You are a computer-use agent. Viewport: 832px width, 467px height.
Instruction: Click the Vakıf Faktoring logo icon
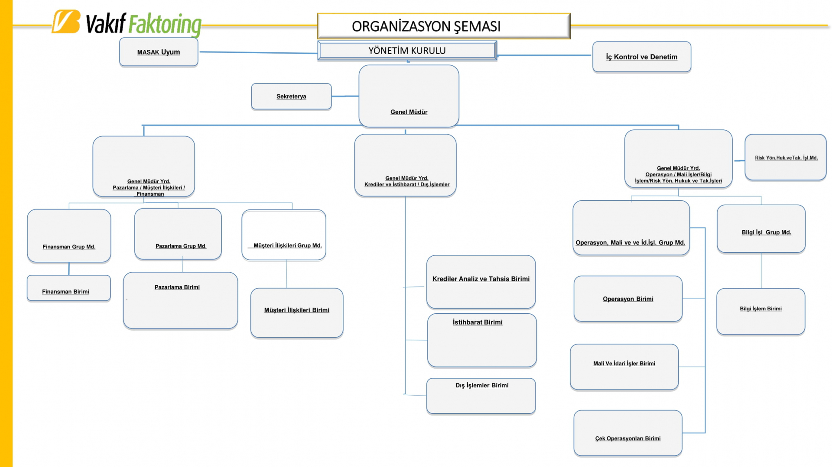click(x=66, y=22)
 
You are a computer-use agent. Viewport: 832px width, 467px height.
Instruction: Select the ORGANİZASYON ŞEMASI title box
click(x=443, y=26)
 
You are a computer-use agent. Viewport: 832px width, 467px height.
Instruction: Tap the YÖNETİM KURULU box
click(x=407, y=51)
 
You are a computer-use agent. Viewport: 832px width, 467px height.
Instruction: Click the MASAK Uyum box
click(x=159, y=52)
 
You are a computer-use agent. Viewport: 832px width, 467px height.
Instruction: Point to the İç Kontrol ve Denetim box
click(x=641, y=57)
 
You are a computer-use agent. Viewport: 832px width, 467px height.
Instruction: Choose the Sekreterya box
click(x=291, y=96)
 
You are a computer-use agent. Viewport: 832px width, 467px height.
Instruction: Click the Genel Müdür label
click(x=409, y=112)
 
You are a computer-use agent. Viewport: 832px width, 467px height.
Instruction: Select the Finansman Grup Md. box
click(x=69, y=236)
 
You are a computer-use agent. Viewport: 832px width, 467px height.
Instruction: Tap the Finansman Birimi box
click(x=68, y=288)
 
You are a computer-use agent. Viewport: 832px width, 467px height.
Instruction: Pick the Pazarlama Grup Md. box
click(x=178, y=234)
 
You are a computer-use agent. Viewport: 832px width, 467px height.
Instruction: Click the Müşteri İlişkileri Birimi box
click(x=297, y=312)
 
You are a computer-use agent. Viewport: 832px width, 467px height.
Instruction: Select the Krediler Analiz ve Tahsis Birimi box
click(x=481, y=281)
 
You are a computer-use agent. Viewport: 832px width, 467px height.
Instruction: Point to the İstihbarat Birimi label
click(x=478, y=322)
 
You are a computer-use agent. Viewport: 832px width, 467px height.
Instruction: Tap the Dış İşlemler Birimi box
click(x=481, y=396)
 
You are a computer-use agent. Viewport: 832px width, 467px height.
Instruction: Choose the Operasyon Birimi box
click(x=628, y=299)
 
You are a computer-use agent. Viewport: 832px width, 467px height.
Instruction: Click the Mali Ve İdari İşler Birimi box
click(x=624, y=367)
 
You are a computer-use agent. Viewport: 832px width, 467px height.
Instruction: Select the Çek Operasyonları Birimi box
click(x=628, y=433)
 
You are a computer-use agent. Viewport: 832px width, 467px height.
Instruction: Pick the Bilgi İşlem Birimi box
click(x=760, y=311)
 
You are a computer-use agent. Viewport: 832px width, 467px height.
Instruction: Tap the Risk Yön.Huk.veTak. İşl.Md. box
click(x=785, y=157)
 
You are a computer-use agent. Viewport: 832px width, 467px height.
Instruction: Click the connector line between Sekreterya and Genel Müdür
click(x=345, y=96)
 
